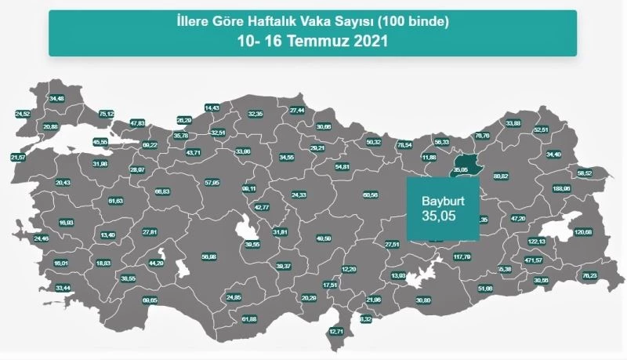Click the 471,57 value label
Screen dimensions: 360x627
pyautogui.click(x=533, y=260)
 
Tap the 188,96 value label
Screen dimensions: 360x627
pyautogui.click(x=561, y=188)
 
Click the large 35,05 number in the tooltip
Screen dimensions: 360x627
pyautogui.click(x=438, y=213)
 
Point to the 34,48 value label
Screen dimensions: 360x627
pyautogui.click(x=57, y=99)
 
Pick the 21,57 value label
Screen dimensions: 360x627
pyautogui.click(x=18, y=158)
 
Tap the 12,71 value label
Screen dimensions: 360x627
pyautogui.click(x=336, y=332)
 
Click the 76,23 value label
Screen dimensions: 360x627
pyautogui.click(x=589, y=275)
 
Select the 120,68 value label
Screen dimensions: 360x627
pyautogui.click(x=583, y=232)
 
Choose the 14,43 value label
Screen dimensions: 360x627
pyautogui.click(x=212, y=107)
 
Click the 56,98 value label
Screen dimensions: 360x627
pyautogui.click(x=208, y=256)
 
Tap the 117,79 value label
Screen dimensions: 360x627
pyautogui.click(x=462, y=256)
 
